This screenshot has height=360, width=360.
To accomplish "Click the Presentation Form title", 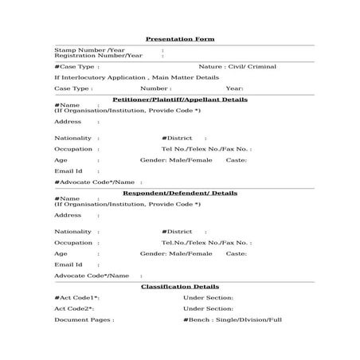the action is point(180,38).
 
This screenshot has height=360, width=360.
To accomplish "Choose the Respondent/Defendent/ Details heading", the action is point(180,193).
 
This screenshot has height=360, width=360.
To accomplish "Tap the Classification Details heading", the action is point(180,286).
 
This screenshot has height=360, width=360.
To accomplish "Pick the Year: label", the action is point(234,88).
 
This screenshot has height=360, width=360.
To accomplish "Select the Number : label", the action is point(155,88).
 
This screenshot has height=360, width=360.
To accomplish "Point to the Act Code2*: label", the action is point(74,308).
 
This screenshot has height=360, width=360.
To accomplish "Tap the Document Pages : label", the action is point(84,319).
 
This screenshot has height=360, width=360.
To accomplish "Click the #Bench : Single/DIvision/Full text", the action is point(232,319).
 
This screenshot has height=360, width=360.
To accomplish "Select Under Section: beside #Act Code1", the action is point(208,297).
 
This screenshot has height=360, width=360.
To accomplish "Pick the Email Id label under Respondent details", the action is point(68,264).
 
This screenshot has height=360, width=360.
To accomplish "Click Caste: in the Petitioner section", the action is point(237,159).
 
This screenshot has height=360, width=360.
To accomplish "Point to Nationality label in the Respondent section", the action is point(72,231).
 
